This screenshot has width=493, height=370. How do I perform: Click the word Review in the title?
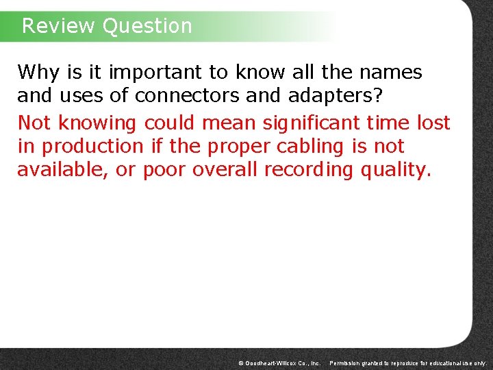58,26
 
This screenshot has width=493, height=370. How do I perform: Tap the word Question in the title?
147,26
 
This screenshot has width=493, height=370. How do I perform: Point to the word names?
391,72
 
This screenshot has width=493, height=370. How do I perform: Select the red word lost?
433,123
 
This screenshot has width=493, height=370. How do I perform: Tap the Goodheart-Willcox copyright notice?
279,362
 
